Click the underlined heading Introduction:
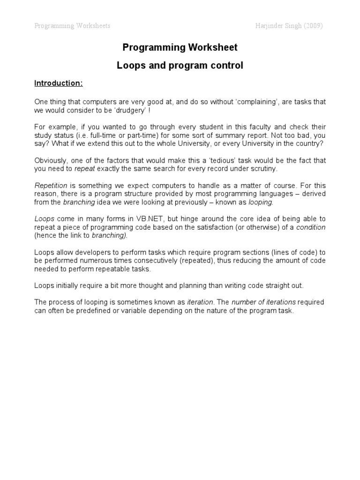pos(59,83)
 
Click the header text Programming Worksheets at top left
pos(72,26)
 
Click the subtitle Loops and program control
pos(180,66)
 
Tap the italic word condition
pos(311,227)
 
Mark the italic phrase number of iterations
pos(259,302)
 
